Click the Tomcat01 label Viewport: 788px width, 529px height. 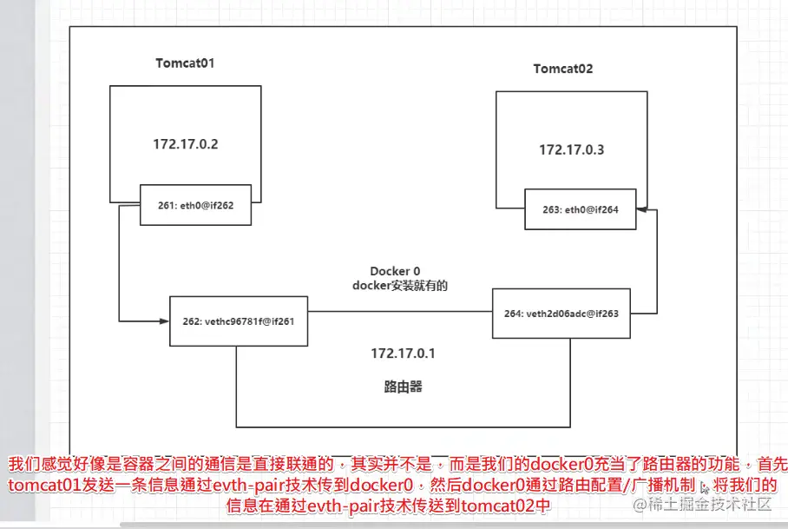point(185,63)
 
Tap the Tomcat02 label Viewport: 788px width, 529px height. point(563,69)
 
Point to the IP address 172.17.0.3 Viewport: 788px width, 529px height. point(571,149)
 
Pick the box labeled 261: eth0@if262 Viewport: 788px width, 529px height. point(196,205)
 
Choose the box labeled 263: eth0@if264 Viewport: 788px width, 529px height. point(580,209)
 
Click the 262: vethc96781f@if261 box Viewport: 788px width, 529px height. point(239,321)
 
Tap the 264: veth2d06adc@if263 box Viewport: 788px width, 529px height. point(561,313)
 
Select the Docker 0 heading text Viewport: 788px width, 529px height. point(395,271)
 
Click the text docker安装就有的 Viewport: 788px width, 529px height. point(399,285)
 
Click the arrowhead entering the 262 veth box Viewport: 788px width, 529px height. point(165,321)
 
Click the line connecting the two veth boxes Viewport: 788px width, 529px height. point(399,312)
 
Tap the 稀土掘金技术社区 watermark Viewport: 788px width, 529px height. point(702,504)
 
